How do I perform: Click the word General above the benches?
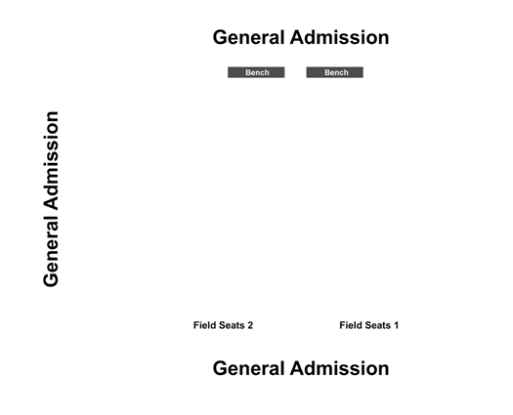click(248, 37)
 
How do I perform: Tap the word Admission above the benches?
click(340, 37)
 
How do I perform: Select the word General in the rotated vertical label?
click(51, 252)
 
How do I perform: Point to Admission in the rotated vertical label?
click(51, 160)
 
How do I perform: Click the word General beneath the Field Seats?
click(248, 368)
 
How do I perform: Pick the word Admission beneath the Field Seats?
click(340, 368)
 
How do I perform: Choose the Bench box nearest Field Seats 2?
click(256, 72)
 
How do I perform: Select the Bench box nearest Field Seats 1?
click(335, 72)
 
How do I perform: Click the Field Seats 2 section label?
click(223, 325)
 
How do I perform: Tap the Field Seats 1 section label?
click(369, 325)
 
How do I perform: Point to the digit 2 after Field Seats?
click(250, 325)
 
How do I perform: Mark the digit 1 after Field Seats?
click(396, 325)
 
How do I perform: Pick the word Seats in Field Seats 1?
click(377, 325)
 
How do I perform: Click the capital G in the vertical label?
click(51, 279)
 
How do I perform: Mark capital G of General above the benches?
click(221, 37)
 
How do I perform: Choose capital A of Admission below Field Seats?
click(298, 368)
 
